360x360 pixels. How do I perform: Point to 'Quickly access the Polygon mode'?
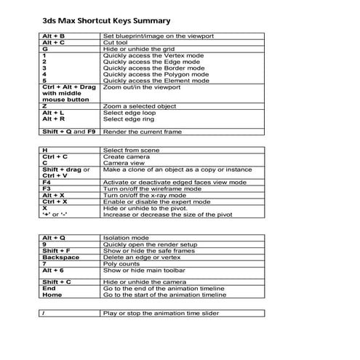pyautogui.click(x=156, y=73)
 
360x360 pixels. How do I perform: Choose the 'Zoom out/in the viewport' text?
pyautogui.click(x=141, y=87)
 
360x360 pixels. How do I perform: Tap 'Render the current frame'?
pyautogui.click(x=142, y=132)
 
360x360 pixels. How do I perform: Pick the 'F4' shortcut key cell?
pyautogui.click(x=47, y=183)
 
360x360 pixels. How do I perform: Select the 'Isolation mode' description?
pyautogui.click(x=126, y=238)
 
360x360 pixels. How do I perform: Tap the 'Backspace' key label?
pyautogui.click(x=60, y=257)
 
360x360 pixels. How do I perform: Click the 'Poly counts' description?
pyautogui.click(x=121, y=263)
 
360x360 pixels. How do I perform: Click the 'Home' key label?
pyautogui.click(x=52, y=295)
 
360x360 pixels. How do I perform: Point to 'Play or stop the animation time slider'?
pyautogui.click(x=161, y=313)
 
